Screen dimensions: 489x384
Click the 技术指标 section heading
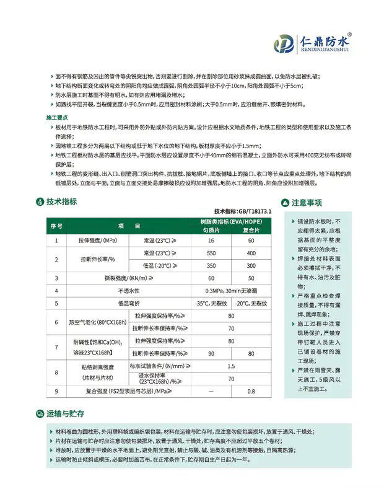click(x=61, y=201)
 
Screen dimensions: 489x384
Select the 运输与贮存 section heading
click(x=64, y=413)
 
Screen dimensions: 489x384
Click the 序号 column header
click(x=56, y=226)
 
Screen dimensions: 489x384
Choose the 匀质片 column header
click(x=211, y=229)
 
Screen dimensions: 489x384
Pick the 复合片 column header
click(x=251, y=229)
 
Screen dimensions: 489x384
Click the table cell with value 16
click(x=211, y=240)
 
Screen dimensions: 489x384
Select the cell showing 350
click(x=211, y=265)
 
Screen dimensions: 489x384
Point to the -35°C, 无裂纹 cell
click(x=211, y=304)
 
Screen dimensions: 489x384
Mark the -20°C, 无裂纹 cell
click(x=251, y=304)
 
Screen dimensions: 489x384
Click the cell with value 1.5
click(x=231, y=367)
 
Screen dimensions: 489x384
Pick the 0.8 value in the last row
click(x=251, y=392)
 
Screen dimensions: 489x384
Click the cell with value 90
click(x=211, y=353)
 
